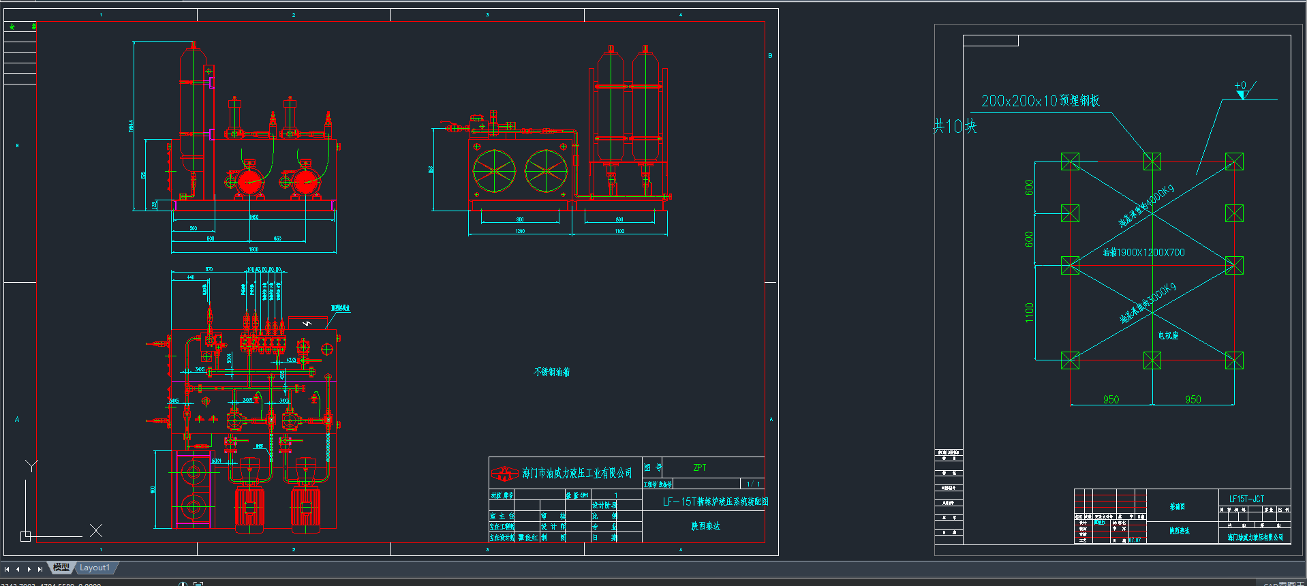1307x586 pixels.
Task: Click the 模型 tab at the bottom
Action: tap(61, 568)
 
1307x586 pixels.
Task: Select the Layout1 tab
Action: tap(95, 568)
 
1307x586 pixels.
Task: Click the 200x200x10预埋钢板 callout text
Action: tap(1040, 101)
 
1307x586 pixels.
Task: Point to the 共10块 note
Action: tap(955, 126)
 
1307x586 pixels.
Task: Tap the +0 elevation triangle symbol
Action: tap(1242, 94)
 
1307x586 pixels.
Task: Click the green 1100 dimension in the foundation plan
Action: tap(1029, 312)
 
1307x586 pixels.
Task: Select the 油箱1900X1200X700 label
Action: tap(1144, 253)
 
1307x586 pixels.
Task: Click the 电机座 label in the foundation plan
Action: tap(1168, 335)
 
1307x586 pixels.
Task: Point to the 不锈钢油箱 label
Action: tap(552, 372)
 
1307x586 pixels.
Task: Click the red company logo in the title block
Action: tap(505, 473)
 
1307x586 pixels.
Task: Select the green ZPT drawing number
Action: tap(700, 468)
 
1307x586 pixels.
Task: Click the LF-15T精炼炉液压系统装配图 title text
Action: tap(716, 502)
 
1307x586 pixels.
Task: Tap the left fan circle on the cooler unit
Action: tap(494, 170)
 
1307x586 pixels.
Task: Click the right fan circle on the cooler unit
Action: tap(546, 170)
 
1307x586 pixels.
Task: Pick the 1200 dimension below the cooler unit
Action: tap(520, 231)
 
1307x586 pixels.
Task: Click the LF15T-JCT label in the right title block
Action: tap(1246, 499)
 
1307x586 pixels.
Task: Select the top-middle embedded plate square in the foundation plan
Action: tap(1152, 161)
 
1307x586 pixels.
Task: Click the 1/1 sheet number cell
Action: tap(753, 484)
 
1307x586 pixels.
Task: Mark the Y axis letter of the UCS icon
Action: tap(31, 466)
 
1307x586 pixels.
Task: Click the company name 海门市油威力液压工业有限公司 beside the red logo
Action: tap(577, 473)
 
